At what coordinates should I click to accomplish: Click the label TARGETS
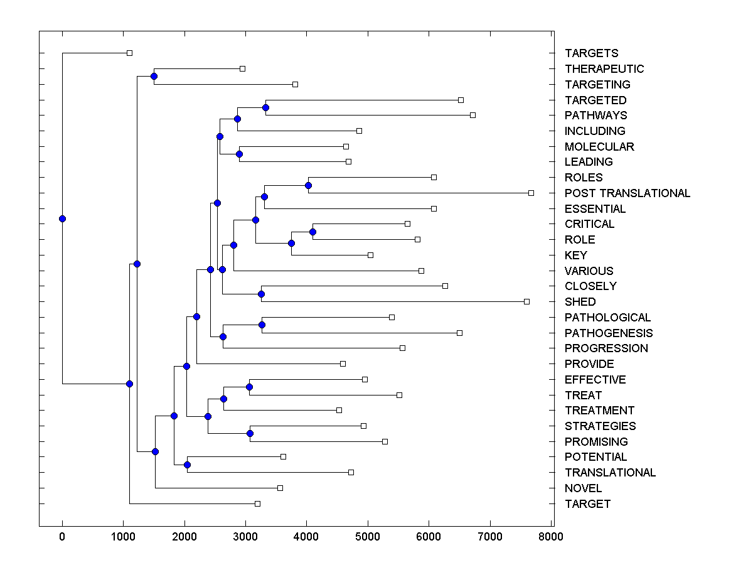pos(591,53)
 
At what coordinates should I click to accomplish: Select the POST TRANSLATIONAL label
pos(627,193)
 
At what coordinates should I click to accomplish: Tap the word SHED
pos(580,302)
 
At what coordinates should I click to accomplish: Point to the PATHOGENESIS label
pos(608,333)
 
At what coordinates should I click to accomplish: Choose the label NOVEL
pos(583,488)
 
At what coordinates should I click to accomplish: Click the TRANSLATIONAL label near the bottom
pos(610,473)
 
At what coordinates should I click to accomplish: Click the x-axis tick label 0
pos(62,536)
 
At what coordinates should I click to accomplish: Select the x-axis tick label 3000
pos(245,536)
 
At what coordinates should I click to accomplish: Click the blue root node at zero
pos(62,218)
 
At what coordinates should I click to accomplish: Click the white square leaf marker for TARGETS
pos(129,53)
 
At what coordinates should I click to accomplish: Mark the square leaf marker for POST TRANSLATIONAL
pos(531,193)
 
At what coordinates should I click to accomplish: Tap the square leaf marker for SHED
pos(526,301)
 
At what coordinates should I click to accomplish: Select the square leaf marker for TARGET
pos(257,503)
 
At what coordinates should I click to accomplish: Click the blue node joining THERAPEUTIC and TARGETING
pos(154,76)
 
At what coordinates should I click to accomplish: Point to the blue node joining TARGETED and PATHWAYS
pos(265,107)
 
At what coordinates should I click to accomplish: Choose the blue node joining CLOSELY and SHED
pos(262,294)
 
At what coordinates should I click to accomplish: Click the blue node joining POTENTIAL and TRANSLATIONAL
pos(187,465)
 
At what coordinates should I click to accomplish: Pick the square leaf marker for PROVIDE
pos(343,363)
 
